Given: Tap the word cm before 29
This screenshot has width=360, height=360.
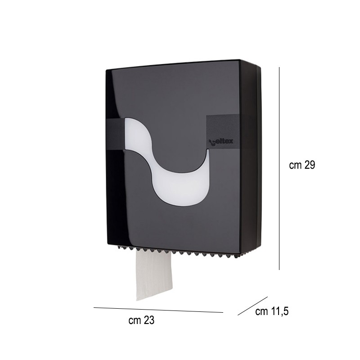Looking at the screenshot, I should [295, 165].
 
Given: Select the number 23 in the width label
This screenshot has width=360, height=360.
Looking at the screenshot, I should [149, 320].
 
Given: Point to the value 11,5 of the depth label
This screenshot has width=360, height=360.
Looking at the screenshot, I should [279, 311].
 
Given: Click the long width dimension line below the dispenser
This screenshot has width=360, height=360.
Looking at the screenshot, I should [157, 310].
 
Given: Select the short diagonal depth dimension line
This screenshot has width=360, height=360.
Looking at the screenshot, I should [252, 306].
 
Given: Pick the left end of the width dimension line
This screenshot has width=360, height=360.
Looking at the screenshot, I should [94, 307].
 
